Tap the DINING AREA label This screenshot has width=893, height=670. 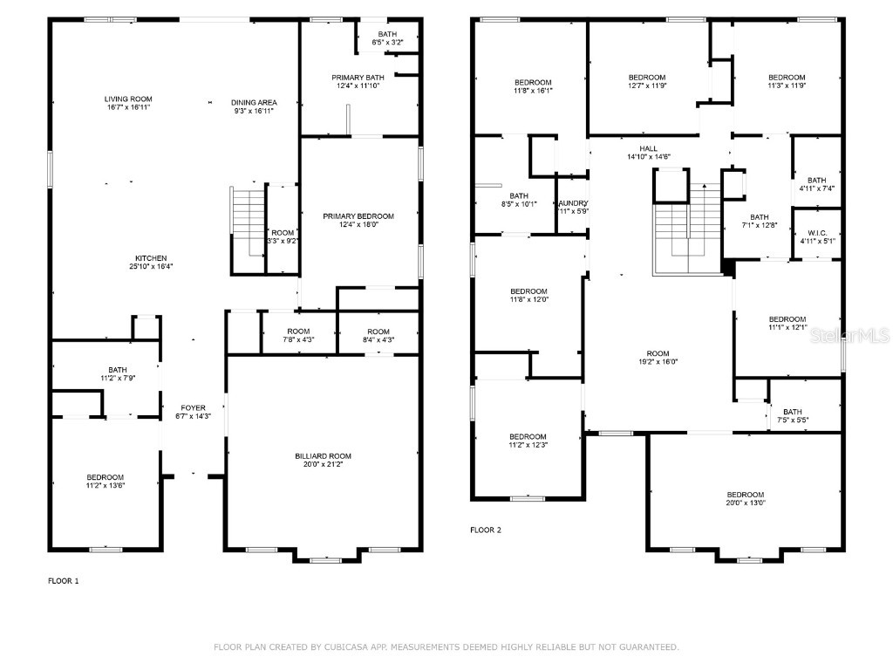click(254, 102)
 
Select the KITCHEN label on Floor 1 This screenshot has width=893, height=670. click(151, 258)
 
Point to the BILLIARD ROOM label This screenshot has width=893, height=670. click(323, 455)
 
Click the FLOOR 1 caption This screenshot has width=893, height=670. click(63, 580)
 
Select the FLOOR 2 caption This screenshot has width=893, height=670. click(486, 530)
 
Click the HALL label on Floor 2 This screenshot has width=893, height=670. click(648, 148)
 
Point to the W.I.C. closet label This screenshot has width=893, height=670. click(816, 233)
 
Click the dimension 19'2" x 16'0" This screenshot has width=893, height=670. click(658, 361)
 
